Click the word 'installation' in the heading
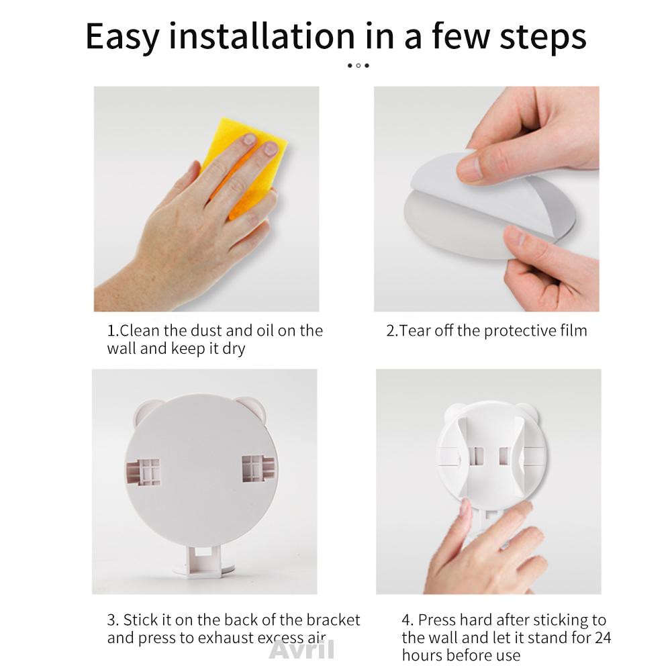point(262,36)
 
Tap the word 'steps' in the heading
point(543,38)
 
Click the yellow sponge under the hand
point(242,166)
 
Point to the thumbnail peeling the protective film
point(470,166)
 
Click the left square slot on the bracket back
point(143,472)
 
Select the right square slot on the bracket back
point(258,469)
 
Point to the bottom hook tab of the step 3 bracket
point(204,561)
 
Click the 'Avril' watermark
point(301,650)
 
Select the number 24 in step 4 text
point(603,638)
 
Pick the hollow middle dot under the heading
point(358,66)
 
